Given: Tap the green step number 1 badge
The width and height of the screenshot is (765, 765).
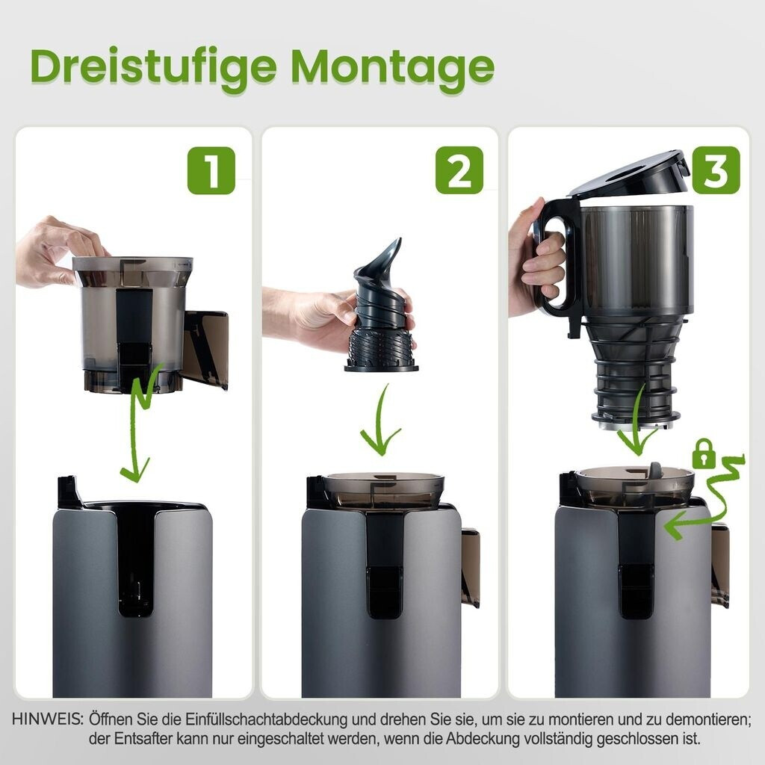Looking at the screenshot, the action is click(211, 170).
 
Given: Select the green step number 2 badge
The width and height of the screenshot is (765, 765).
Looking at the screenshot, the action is click(459, 170).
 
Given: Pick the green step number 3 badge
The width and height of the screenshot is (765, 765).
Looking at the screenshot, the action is click(716, 170).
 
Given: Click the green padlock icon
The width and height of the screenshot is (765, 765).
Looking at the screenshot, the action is click(704, 453).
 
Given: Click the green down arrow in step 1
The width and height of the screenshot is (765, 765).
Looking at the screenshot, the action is click(138, 424).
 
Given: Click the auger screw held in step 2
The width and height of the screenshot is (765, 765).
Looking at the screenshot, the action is click(380, 307).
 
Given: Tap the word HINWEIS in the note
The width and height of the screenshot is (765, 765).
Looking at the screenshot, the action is click(47, 719).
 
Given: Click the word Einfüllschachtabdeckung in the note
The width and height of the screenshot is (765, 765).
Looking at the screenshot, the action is click(267, 719).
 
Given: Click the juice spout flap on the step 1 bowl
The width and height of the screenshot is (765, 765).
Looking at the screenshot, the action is click(205, 349).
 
